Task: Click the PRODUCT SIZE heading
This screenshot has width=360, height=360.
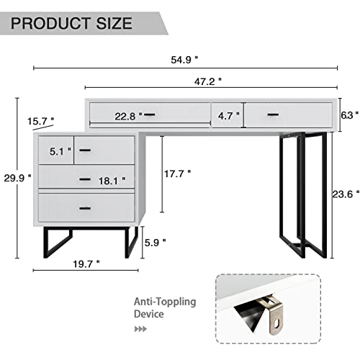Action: tap(72, 23)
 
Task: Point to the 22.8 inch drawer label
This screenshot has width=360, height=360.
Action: tap(125, 114)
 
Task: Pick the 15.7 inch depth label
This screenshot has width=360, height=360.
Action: tap(41, 120)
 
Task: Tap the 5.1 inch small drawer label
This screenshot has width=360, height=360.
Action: tap(60, 151)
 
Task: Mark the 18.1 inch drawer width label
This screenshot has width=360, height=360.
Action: tap(112, 181)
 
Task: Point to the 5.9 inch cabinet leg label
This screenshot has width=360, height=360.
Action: tap(154, 243)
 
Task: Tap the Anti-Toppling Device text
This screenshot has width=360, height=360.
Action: tap(163, 307)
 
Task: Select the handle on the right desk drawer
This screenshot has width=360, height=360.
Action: tap(272, 114)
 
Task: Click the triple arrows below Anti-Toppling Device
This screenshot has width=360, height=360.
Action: tap(141, 328)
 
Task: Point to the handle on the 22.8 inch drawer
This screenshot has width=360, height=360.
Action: tap(149, 114)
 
